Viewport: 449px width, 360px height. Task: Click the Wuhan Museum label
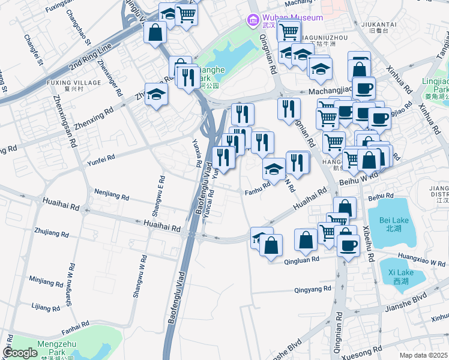tap(292, 18)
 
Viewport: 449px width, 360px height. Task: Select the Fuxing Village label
tap(74, 82)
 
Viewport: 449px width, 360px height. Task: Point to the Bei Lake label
tap(394, 224)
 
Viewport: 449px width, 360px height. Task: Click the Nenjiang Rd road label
tap(112, 194)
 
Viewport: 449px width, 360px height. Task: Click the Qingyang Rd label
tap(312, 289)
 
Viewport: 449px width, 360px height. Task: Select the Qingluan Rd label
tap(304, 261)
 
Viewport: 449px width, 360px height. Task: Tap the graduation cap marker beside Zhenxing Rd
tap(157, 94)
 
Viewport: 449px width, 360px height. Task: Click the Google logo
tap(20, 353)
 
